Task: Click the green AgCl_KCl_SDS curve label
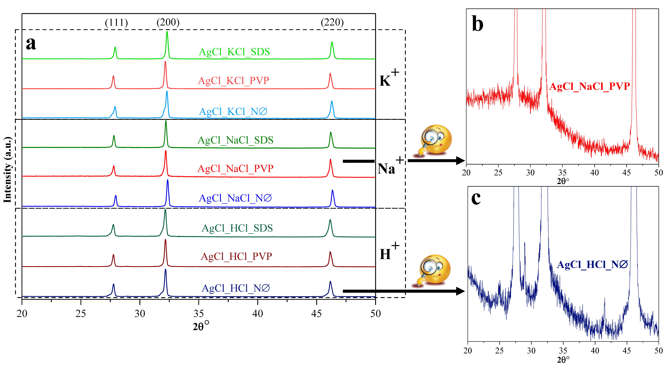point(234,52)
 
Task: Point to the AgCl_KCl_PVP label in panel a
point(234,81)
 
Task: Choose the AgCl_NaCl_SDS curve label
point(235,140)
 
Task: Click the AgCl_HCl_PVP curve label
point(236,256)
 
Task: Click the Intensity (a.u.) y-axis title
point(8,170)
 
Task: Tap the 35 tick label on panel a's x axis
point(199,314)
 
